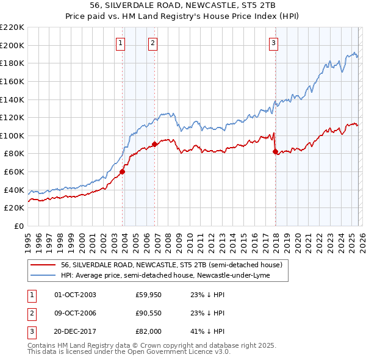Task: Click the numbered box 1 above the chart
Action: (120, 43)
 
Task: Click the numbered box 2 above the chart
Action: (152, 43)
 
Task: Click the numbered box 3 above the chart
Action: (274, 43)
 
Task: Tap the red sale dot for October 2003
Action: (123, 171)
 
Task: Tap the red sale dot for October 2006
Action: (155, 144)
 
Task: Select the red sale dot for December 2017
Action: (276, 151)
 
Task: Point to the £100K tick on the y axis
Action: (12, 135)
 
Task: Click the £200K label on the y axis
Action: (12, 45)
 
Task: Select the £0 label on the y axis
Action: (18, 226)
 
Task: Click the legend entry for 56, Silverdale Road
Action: (171, 265)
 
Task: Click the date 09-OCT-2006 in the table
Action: (75, 313)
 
